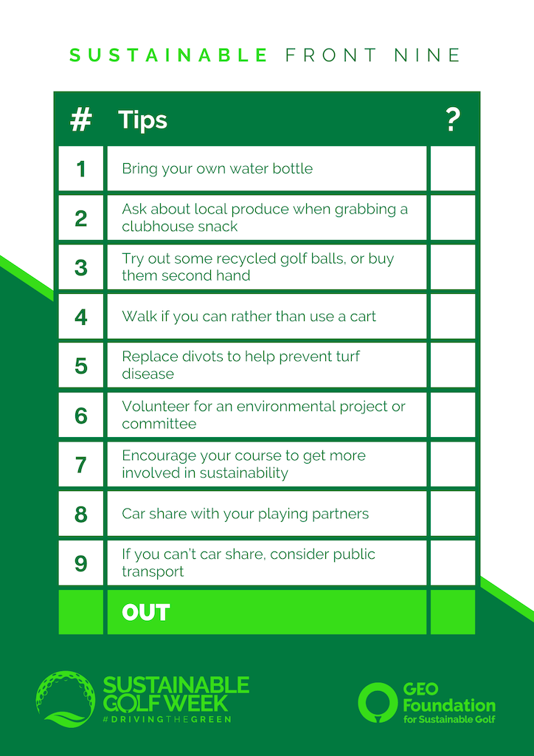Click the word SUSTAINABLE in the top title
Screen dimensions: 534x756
click(x=168, y=55)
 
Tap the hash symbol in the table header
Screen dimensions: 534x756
click(x=81, y=120)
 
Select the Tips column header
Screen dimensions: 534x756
click(x=142, y=120)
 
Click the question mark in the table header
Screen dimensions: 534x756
click(x=453, y=120)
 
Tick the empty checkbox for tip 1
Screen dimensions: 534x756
click(x=453, y=169)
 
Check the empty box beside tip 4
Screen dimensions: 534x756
click(x=453, y=316)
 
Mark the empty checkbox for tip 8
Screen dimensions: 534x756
click(x=453, y=514)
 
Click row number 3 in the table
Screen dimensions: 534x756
click(x=81, y=267)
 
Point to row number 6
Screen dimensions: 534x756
click(x=81, y=416)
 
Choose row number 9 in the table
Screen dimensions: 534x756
click(x=81, y=563)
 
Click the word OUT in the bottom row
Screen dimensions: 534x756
click(x=145, y=612)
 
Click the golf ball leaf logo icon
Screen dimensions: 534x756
click(x=66, y=698)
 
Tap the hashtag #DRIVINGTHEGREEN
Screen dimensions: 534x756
click(x=167, y=719)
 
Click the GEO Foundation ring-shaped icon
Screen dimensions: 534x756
click(x=378, y=701)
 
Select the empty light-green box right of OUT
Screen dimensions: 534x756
click(x=453, y=612)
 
